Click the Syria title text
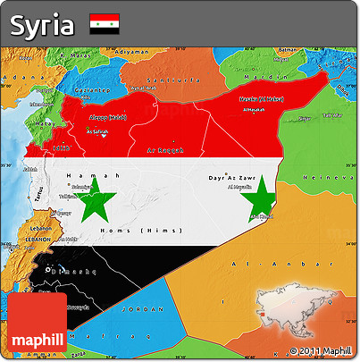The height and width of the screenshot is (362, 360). coord(43,25)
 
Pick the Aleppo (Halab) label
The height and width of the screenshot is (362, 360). coord(108,117)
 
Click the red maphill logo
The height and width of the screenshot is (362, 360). coord(37,324)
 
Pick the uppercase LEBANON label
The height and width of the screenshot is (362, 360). coord(38,240)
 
